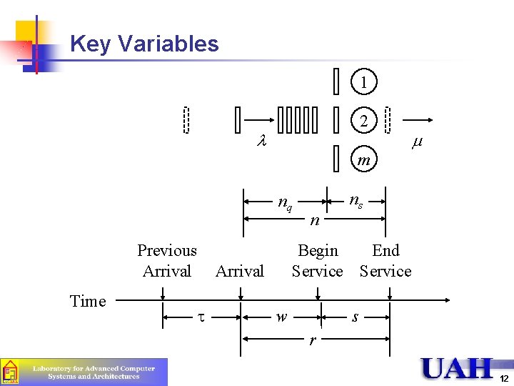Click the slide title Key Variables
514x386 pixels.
pos(144,44)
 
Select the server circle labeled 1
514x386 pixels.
pos(364,82)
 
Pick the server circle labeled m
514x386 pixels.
pos(364,159)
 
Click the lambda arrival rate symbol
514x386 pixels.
pos(261,142)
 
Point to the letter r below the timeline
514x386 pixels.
pos(313,340)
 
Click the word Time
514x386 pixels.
pos(88,301)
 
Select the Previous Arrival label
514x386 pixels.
pos(167,260)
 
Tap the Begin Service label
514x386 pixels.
pos(318,260)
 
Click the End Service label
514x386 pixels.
pos(385,260)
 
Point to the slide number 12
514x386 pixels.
pos(503,378)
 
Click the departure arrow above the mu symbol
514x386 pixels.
pos(417,121)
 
